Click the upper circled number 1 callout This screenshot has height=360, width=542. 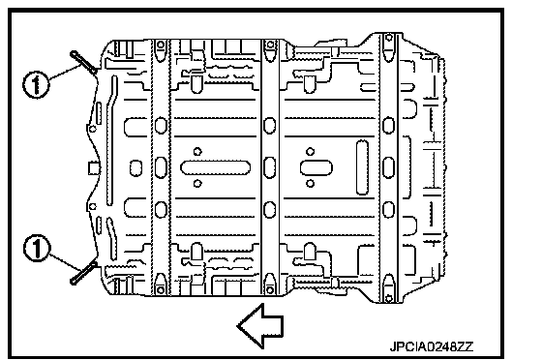click(x=36, y=84)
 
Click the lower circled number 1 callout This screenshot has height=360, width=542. click(x=37, y=248)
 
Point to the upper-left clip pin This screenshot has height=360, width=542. click(x=83, y=62)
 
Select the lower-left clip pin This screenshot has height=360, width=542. click(x=83, y=273)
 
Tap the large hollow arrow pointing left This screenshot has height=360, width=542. click(x=260, y=325)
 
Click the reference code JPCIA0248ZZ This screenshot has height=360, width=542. click(x=432, y=346)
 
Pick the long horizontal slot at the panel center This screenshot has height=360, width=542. click(x=215, y=167)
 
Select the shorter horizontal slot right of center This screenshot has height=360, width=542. click(x=316, y=167)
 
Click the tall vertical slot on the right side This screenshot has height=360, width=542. click(x=362, y=167)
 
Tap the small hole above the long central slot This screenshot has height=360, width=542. click(x=197, y=151)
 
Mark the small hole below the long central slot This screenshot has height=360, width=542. click(x=197, y=184)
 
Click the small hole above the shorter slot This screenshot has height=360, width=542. click(x=311, y=151)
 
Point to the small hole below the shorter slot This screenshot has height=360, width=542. click(x=311, y=184)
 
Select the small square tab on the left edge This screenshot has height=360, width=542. click(x=94, y=168)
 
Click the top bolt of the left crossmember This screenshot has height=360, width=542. click(x=161, y=45)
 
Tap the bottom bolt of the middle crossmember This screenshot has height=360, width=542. click(x=270, y=289)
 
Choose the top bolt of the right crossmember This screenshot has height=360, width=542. click(x=389, y=38)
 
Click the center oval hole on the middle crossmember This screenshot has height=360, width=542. click(x=270, y=167)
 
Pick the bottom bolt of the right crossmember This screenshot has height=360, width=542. click(x=389, y=297)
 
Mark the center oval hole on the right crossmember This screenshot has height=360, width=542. click(x=388, y=167)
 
